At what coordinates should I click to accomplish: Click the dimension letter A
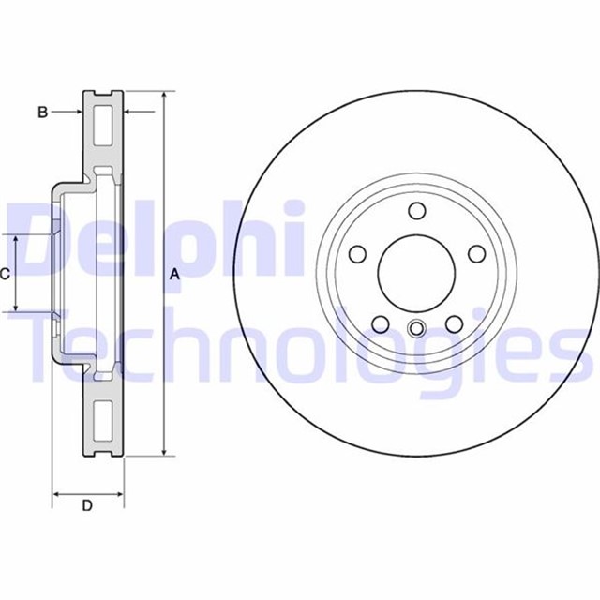173,274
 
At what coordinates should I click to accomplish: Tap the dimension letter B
42,112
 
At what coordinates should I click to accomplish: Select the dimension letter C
5,274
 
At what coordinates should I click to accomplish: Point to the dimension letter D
86,506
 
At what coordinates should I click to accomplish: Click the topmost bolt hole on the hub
417,211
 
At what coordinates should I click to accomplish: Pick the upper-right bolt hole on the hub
475,253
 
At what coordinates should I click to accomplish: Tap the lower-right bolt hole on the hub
454,323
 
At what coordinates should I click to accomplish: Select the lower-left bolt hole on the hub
381,323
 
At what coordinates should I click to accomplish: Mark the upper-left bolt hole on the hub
357,253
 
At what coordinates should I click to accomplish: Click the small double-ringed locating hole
417,329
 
